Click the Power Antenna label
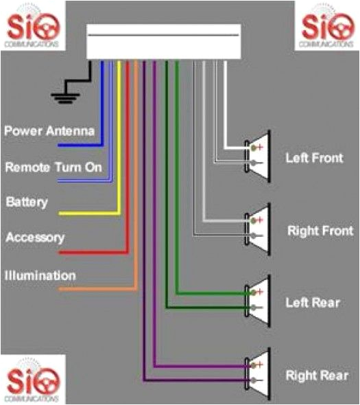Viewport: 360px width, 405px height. coord(49,130)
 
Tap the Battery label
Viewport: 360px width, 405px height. coord(27,202)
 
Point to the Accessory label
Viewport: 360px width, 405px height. coord(35,238)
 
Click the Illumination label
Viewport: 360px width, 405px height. coord(40,276)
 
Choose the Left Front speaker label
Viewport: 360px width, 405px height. coord(314,157)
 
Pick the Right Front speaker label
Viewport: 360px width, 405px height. coord(320,231)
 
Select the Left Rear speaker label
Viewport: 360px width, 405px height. coord(313,303)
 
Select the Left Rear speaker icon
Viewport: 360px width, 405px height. coord(259,300)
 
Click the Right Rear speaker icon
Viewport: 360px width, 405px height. coord(259,373)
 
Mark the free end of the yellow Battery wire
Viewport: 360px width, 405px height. coord(61,213)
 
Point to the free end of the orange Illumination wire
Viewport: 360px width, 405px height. coord(61,289)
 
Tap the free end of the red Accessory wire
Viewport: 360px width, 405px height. coord(61,253)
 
